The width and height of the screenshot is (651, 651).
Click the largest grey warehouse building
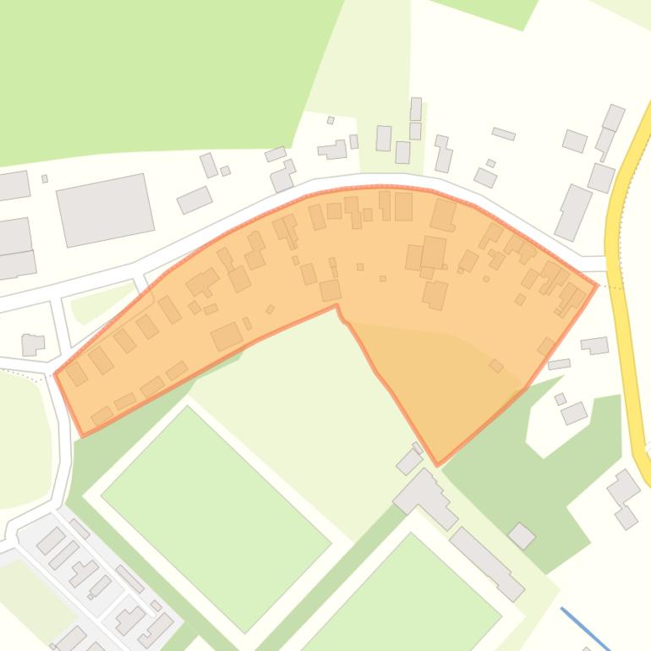[x=106, y=186]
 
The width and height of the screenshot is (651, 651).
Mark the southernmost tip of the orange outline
[x=438, y=464]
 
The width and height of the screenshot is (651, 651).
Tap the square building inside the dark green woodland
[x=522, y=535]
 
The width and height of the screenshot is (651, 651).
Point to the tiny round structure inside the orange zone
[x=486, y=279]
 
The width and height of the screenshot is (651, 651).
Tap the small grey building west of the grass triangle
[x=33, y=320]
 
